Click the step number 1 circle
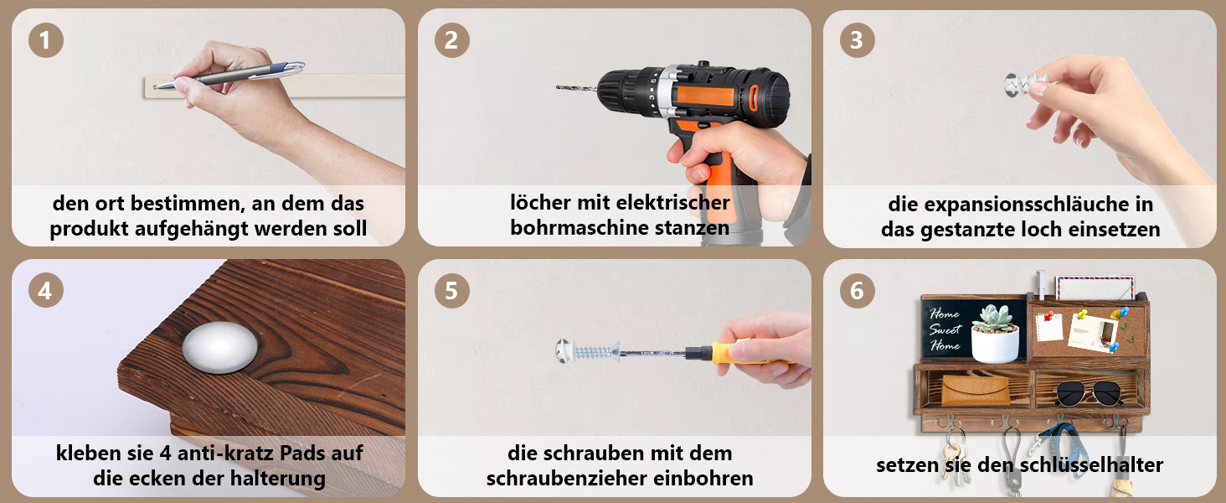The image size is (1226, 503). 46,40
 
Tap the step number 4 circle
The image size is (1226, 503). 46,290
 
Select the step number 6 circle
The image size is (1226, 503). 857,290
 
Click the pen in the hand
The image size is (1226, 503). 229,75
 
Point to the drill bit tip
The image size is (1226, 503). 558,86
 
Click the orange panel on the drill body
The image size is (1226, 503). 706,96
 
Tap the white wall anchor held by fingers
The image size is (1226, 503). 1023,84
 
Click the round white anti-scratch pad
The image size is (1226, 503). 220,347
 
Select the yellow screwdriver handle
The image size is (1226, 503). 750,354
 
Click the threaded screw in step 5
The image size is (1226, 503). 589,351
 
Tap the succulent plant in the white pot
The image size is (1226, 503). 995,319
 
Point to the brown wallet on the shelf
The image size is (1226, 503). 975,390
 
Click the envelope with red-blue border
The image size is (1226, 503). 1095,288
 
